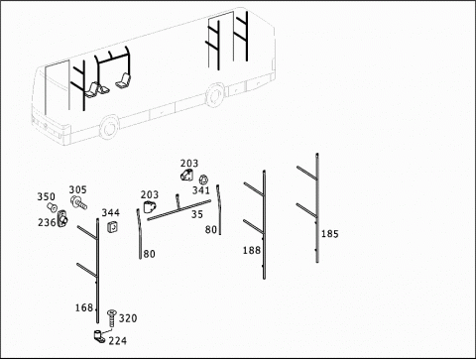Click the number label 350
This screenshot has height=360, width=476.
click(x=46, y=196)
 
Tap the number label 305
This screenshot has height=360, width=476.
click(x=77, y=189)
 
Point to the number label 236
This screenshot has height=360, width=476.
click(x=47, y=223)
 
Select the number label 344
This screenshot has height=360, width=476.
click(x=110, y=212)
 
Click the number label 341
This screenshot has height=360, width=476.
click(x=201, y=190)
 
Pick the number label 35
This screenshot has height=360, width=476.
click(x=197, y=214)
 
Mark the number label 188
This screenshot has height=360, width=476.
click(x=252, y=251)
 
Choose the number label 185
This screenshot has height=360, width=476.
click(x=330, y=234)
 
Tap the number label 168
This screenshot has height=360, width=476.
click(x=84, y=308)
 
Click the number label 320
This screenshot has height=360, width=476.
click(x=128, y=318)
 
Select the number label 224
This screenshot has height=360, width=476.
click(x=118, y=341)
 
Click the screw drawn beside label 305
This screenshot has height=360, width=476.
click(x=78, y=202)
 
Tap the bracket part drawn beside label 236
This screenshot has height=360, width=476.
click(x=62, y=218)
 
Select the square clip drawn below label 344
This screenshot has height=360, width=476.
click(x=113, y=227)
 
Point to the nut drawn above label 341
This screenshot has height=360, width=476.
click(x=203, y=180)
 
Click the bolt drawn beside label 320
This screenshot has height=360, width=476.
click(x=112, y=318)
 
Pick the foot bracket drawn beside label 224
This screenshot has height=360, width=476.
click(x=99, y=336)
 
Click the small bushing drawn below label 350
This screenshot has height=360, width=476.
click(x=52, y=207)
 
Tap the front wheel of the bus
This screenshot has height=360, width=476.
click(x=109, y=128)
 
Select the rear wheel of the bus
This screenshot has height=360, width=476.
click(x=215, y=95)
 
